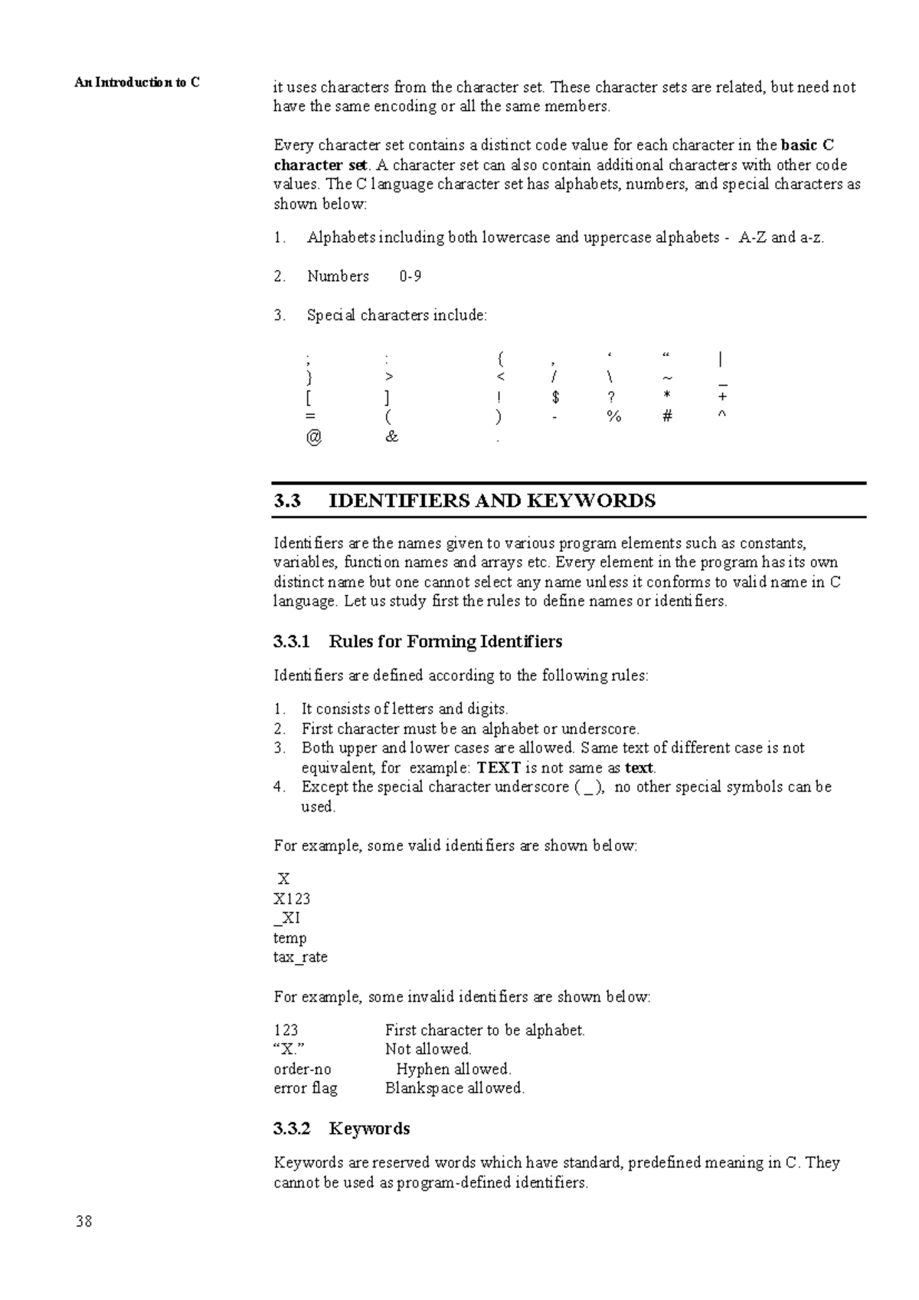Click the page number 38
click(83, 1222)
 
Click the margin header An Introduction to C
click(137, 83)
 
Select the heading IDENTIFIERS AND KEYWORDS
click(492, 501)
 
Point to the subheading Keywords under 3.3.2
click(369, 1129)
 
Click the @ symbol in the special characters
click(312, 437)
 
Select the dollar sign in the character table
click(556, 397)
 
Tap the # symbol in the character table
click(668, 417)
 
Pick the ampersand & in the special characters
click(392, 437)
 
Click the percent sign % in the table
click(613, 417)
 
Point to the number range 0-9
click(410, 276)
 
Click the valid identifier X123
click(292, 899)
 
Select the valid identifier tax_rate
click(300, 957)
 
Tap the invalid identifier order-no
click(303, 1069)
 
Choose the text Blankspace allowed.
click(454, 1088)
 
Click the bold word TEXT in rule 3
click(499, 768)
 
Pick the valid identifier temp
click(289, 938)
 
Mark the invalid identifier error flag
click(305, 1088)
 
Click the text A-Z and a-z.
click(780, 237)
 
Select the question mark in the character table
click(611, 397)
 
